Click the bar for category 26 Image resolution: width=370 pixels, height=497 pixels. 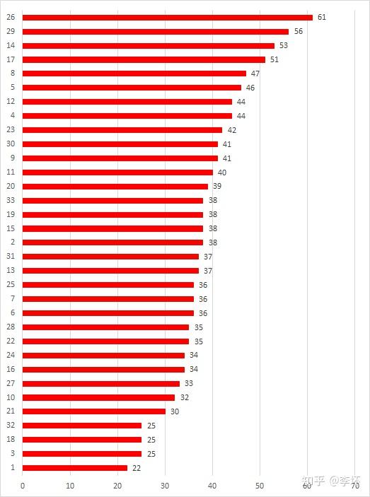[168, 18]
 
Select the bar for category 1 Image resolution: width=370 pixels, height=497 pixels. [75, 468]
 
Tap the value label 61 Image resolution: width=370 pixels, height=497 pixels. [322, 17]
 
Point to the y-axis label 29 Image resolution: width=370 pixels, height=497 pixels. [11, 31]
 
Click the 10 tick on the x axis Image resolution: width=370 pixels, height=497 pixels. [70, 486]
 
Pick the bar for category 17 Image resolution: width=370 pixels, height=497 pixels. [144, 59]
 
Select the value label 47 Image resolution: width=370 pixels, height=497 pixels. [255, 74]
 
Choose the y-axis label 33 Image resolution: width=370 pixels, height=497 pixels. [11, 200]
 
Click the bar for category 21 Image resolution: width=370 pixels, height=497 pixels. [94, 411]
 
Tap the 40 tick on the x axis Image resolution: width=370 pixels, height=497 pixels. [212, 486]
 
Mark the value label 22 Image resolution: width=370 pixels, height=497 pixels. [137, 468]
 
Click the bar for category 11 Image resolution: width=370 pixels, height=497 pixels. [117, 173]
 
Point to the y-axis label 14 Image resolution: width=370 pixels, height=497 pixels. [11, 45]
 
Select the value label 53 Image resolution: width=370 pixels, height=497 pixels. [284, 45]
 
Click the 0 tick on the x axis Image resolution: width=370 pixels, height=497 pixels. [23, 486]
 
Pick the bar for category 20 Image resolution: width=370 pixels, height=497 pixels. [115, 187]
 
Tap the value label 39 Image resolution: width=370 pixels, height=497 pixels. [217, 186]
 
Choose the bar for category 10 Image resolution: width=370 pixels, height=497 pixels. [98, 397]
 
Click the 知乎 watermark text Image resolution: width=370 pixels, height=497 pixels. [313, 481]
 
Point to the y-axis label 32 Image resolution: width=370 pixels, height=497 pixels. [11, 425]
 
